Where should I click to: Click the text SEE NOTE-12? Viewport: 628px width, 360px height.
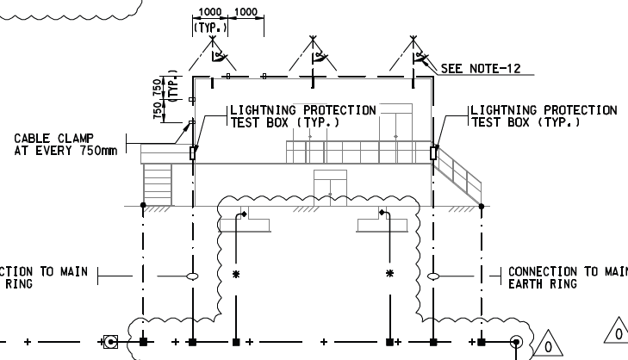481,68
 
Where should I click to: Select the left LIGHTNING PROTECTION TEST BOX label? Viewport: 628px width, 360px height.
302,116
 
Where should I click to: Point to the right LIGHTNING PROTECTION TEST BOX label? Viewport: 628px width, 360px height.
543,116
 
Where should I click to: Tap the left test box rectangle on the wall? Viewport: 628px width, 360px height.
192,153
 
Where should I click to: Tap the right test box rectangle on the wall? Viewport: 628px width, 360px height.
433,153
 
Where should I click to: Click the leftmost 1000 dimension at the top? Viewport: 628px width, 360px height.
210,12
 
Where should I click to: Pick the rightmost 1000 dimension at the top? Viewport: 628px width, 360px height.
246,12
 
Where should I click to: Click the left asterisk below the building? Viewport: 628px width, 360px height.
235,274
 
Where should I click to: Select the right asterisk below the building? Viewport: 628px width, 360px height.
390,274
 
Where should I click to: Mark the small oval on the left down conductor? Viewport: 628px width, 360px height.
192,276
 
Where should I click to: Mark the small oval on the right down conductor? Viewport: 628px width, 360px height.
433,276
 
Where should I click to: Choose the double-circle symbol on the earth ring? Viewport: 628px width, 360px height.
517,342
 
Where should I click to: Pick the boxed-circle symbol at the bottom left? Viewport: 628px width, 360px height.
110,342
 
